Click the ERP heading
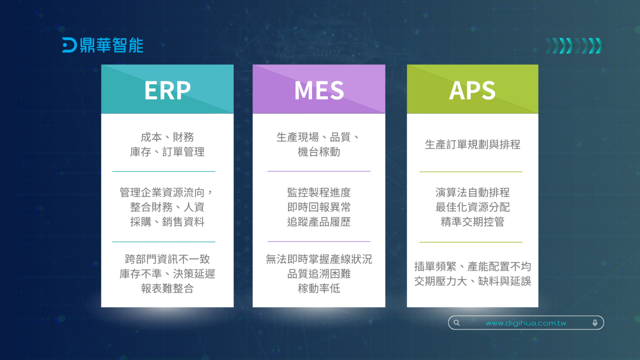pos(167,90)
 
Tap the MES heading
pos(319,90)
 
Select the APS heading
pos(472,90)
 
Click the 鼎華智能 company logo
pos(103,45)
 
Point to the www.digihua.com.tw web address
pos(526,323)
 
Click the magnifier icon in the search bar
pos(457,323)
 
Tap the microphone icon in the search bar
pos(595,323)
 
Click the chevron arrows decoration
pos(574,46)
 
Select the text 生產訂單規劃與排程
pos(472,145)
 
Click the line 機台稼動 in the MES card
pos(319,152)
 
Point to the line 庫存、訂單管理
pos(167,152)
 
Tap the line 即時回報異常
pos(319,207)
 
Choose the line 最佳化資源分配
pos(472,207)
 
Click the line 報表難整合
pos(167,288)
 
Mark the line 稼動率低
pos(319,288)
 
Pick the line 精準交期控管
pos(472,222)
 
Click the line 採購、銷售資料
pos(167,222)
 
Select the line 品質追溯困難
pos(319,274)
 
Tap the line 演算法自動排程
pos(472,192)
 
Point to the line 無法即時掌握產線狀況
pos(319,259)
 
